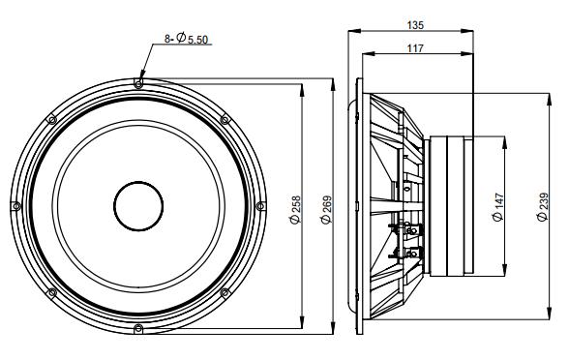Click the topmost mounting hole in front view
coord(139,84)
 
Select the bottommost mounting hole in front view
coord(139,328)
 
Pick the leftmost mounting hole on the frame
coord(16,206)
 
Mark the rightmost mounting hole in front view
coord(260,206)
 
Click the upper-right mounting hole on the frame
coord(225,120)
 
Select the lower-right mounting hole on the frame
coord(225,292)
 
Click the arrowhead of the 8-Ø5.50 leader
coord(141,78)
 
